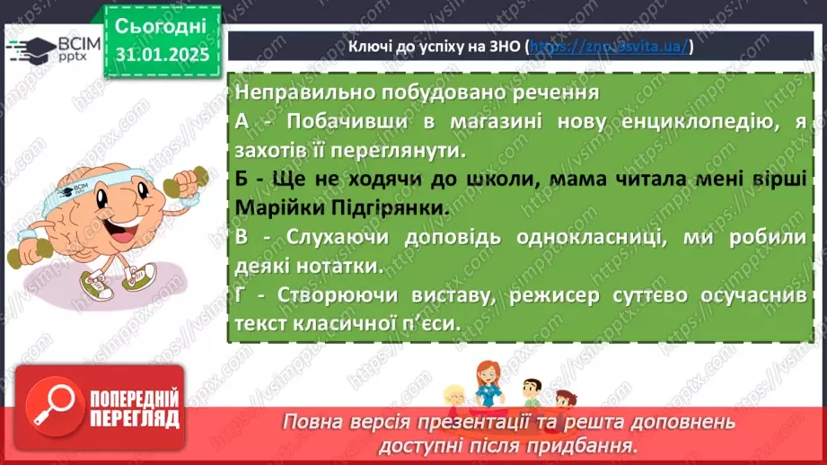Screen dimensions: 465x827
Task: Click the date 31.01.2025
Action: [162, 54]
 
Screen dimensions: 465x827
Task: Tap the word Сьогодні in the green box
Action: [162, 25]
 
